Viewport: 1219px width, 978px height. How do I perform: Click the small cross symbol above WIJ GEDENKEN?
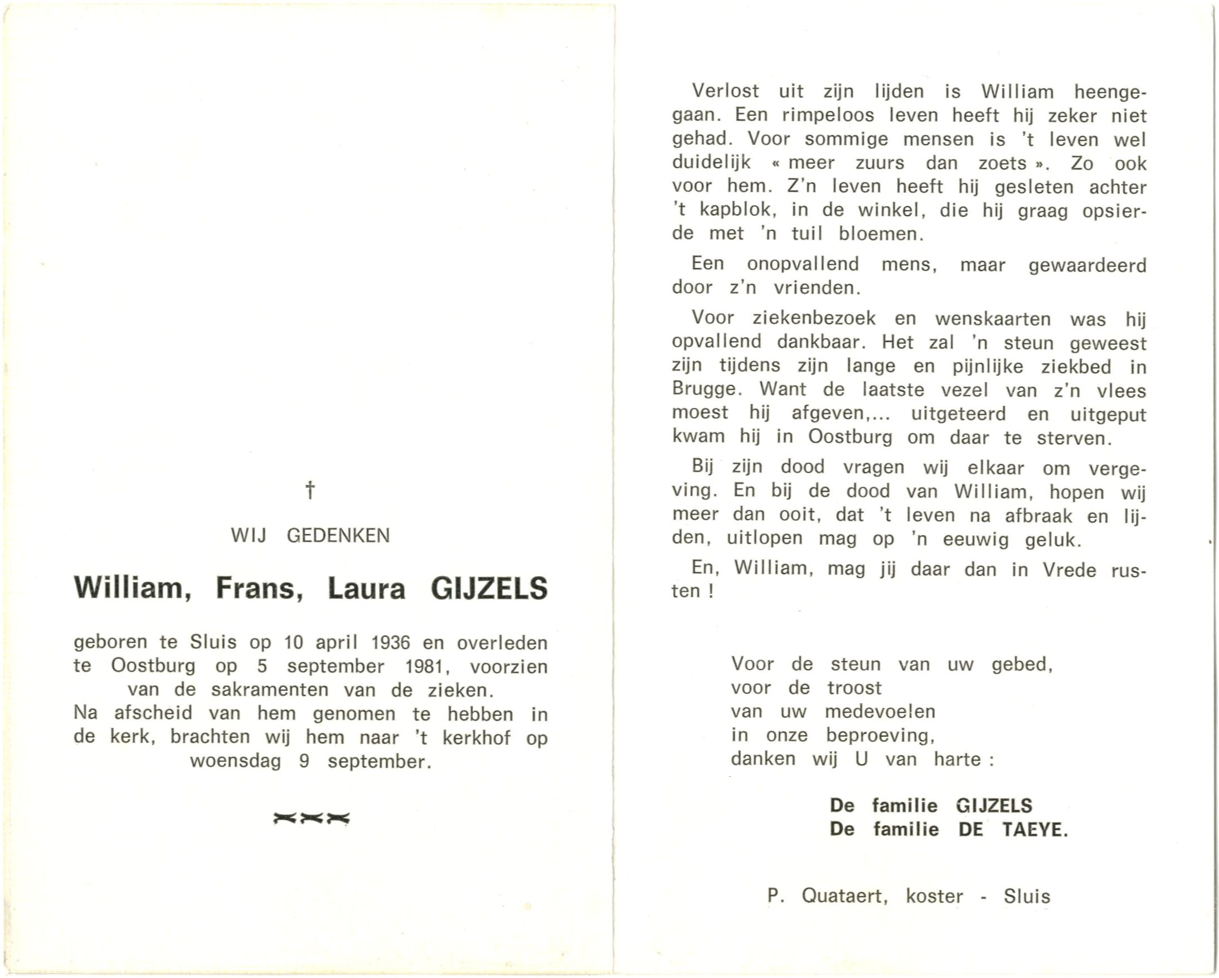[x=310, y=490]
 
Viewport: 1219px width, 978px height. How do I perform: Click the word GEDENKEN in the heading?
[x=338, y=536]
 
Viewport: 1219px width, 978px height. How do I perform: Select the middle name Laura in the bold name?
[x=366, y=588]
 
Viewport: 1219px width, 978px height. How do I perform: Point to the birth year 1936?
[x=390, y=643]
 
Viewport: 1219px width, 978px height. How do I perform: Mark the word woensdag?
[x=235, y=761]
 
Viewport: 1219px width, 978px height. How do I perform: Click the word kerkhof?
[x=476, y=737]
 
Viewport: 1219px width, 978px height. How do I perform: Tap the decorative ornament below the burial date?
[x=311, y=818]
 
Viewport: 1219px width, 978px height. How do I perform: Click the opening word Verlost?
[x=725, y=91]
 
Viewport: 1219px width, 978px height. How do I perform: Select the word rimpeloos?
[x=828, y=115]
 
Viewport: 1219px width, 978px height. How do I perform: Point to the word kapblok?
[x=735, y=210]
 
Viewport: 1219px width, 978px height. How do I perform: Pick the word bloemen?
[x=881, y=234]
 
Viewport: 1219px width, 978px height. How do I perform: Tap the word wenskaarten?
[x=993, y=319]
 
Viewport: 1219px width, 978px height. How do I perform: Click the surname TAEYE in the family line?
[x=1035, y=829]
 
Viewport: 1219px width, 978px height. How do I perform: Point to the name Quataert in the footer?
[x=844, y=896]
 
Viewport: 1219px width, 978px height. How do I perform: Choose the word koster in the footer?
[x=934, y=896]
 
